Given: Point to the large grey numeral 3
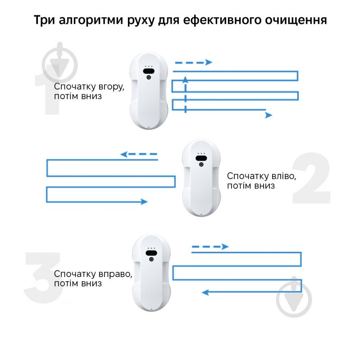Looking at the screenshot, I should [x=43, y=276].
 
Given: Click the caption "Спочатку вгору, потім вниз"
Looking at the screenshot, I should [x=89, y=91].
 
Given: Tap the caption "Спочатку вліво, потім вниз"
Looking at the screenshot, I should [x=261, y=180].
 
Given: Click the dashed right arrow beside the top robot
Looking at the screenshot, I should [x=193, y=63].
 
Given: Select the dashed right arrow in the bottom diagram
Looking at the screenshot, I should [x=210, y=246].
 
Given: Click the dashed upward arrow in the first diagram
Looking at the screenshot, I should [x=185, y=95].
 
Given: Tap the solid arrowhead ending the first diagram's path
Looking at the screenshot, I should [x=269, y=115].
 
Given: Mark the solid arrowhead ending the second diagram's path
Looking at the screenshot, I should [x=144, y=201].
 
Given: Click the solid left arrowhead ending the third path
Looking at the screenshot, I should [x=205, y=292].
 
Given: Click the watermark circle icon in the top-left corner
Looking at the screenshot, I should [x=59, y=63].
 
